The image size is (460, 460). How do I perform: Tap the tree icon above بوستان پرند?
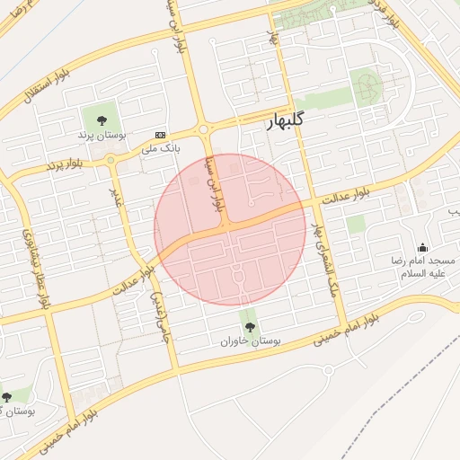[99, 119]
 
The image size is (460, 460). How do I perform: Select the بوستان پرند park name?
[99, 134]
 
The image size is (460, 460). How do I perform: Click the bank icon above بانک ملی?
[160, 134]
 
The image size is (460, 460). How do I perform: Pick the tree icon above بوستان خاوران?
[250, 328]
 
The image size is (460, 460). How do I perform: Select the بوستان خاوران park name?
[251, 342]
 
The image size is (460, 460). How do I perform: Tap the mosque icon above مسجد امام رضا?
[422, 248]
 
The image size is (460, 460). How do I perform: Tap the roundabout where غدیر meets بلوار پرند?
[111, 162]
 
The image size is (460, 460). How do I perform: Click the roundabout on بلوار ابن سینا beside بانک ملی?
[206, 131]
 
